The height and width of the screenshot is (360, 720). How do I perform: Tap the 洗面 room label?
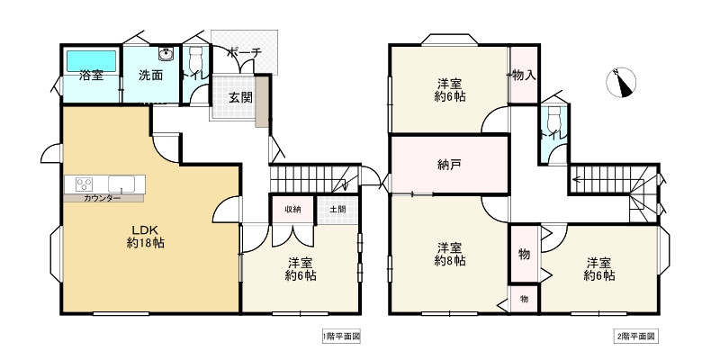150,76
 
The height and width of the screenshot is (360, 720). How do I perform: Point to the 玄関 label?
239,97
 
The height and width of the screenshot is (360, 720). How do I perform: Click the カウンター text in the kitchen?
102,197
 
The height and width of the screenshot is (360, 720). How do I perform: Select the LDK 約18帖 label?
145,236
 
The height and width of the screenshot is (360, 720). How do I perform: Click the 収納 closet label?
293,210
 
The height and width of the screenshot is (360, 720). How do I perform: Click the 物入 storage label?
524,76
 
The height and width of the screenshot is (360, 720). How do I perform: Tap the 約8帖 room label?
450,254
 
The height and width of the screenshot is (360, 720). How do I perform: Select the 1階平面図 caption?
342,337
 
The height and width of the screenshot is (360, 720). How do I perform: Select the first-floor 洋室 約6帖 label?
301,269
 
